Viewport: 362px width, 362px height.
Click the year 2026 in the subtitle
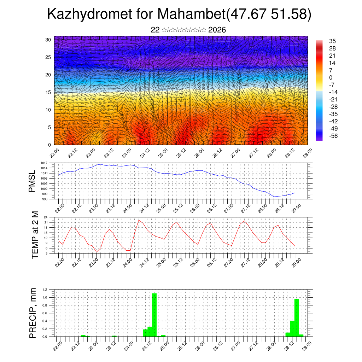pyautogui.click(x=217, y=30)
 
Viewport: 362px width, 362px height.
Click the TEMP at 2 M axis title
pyautogui.click(x=35, y=235)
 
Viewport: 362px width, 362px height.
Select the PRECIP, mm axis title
pyautogui.click(x=33, y=313)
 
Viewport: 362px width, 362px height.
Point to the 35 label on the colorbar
pyautogui.click(x=332, y=41)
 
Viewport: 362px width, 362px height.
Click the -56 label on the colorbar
pyautogui.click(x=333, y=136)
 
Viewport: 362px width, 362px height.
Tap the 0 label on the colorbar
pyautogui.click(x=331, y=78)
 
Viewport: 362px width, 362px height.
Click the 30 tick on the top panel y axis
pyautogui.click(x=48, y=40)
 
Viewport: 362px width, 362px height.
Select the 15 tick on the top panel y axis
pyautogui.click(x=48, y=92)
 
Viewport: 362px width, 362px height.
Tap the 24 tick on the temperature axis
pyautogui.click(x=46, y=217)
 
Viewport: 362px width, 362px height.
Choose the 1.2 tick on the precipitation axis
pyautogui.click(x=45, y=290)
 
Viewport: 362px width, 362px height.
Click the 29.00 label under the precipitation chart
pyautogui.click(x=307, y=344)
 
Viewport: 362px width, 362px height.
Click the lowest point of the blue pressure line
pyautogui.click(x=274, y=197)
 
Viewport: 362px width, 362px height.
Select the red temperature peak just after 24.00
pyautogui.click(x=139, y=220)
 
